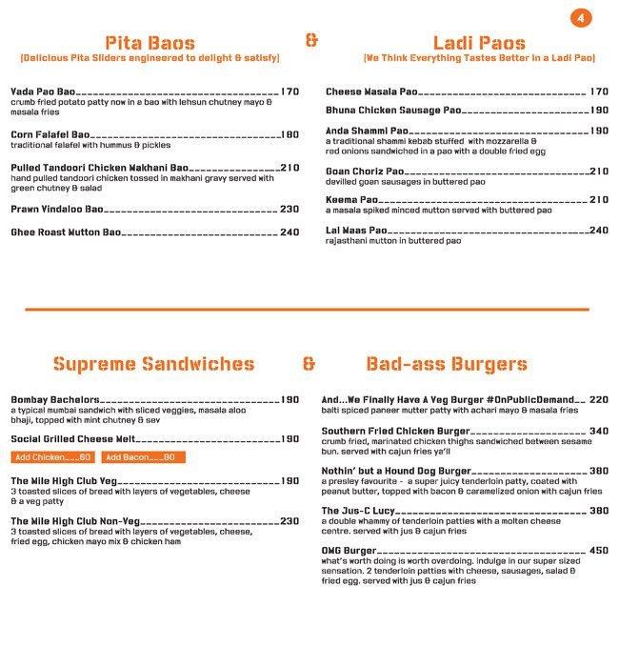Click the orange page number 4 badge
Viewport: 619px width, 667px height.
point(582,18)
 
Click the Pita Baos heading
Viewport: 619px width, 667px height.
point(150,43)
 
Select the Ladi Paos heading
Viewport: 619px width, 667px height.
point(478,43)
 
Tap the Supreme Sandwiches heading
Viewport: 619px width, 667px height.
point(154,364)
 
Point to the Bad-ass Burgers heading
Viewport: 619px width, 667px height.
point(447,364)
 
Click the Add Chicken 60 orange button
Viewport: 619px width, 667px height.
point(53,457)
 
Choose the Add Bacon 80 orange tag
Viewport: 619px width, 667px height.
point(143,457)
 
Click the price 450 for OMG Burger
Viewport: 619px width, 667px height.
point(598,551)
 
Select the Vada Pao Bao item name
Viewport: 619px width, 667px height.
point(42,91)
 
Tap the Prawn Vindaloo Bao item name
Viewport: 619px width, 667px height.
point(57,209)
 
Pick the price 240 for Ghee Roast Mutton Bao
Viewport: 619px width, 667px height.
point(290,232)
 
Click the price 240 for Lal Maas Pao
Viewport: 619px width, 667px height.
point(598,231)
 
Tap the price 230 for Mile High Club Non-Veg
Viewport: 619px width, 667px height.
point(290,521)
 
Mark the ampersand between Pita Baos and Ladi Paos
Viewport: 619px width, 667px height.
point(311,41)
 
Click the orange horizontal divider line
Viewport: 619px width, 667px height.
point(307,309)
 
